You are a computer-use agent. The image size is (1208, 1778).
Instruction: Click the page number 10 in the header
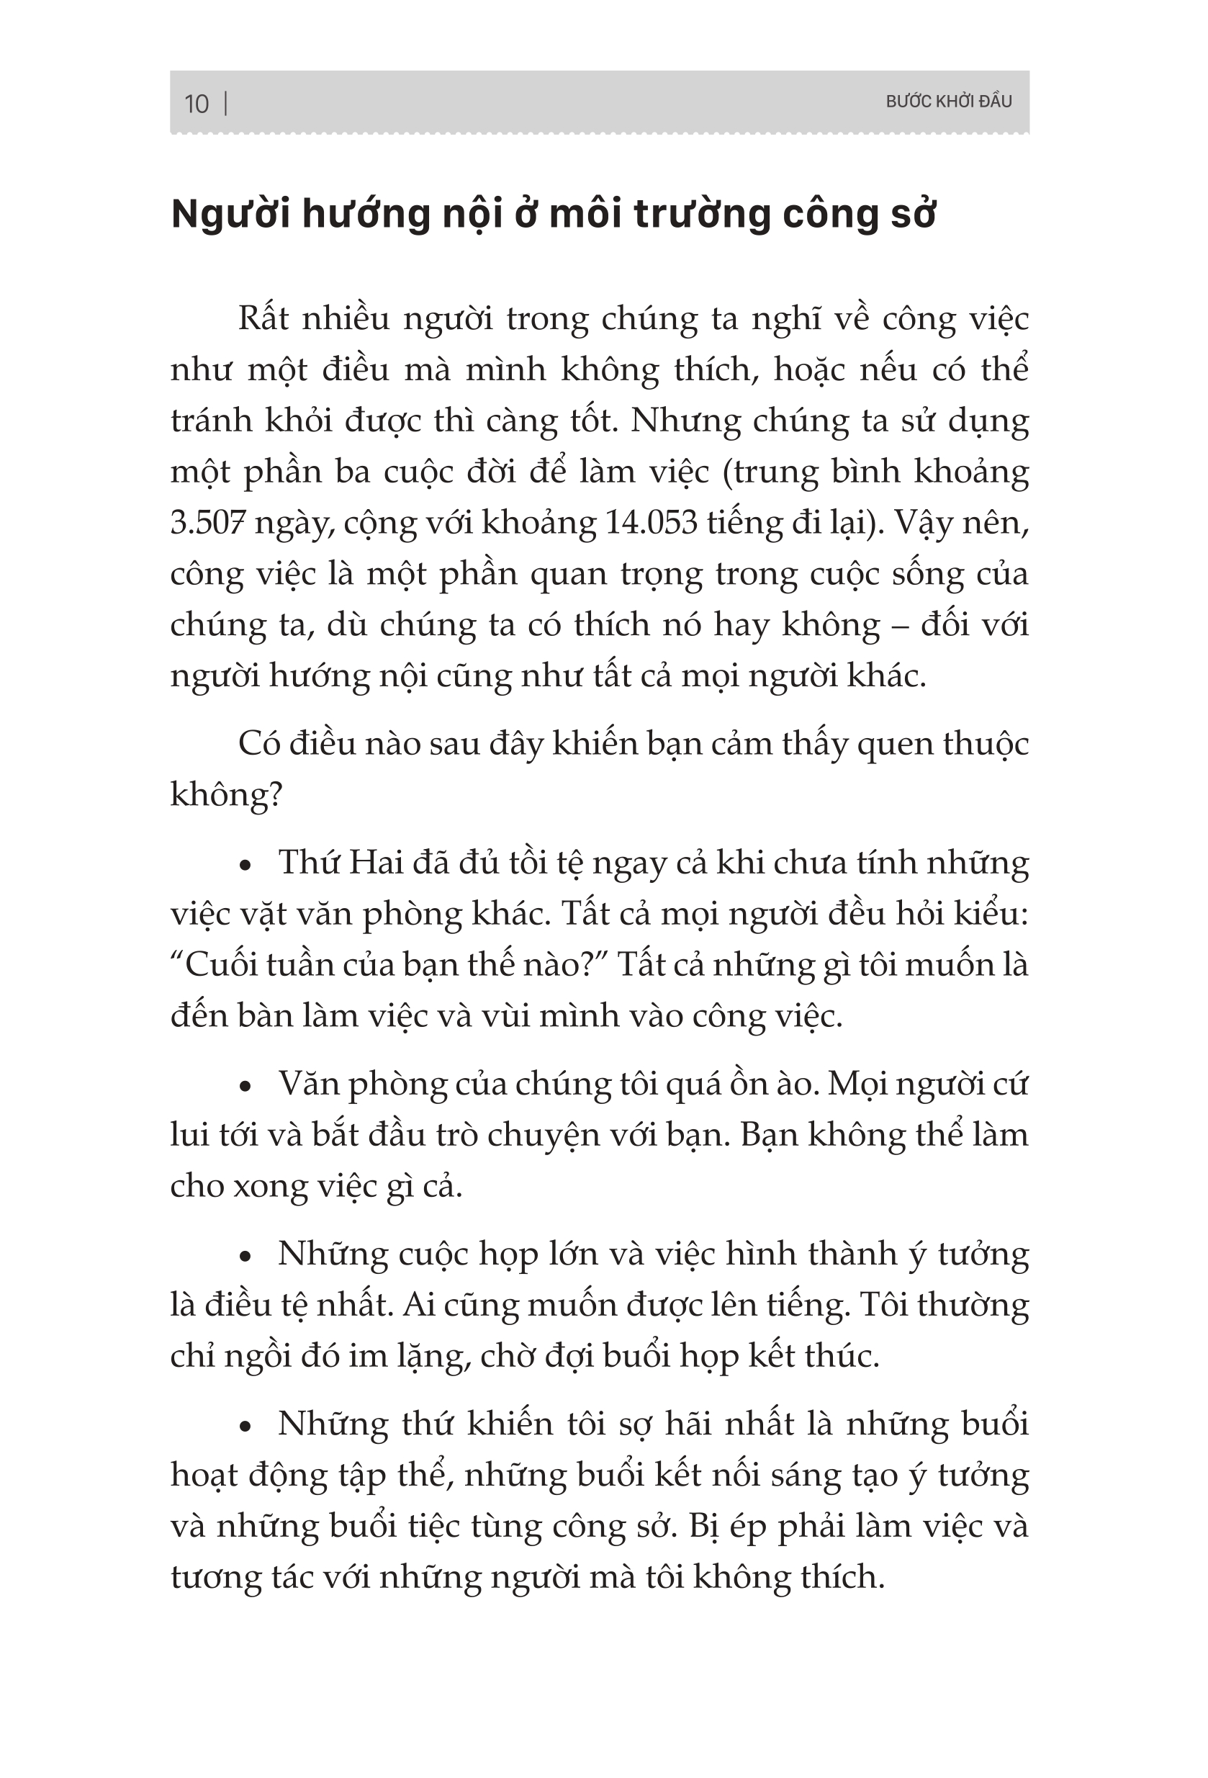(197, 104)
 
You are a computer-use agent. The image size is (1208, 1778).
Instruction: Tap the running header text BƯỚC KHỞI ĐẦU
(948, 102)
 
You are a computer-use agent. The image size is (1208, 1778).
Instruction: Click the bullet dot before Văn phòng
(245, 1087)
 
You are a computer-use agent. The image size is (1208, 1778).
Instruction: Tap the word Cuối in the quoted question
(222, 966)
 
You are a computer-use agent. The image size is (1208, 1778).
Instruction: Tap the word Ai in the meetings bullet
(418, 1305)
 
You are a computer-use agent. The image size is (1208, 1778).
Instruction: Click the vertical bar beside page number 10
(225, 103)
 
